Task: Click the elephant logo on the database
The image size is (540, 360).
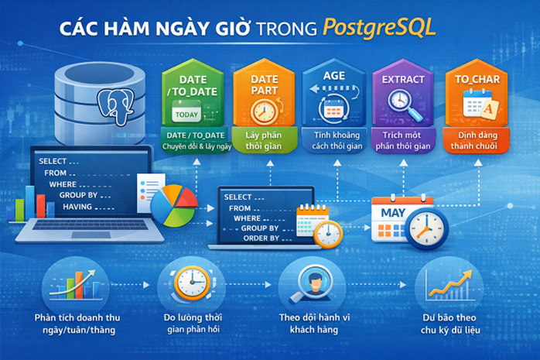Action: pyautogui.click(x=115, y=105)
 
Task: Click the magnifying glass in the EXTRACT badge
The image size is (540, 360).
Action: pyautogui.click(x=401, y=103)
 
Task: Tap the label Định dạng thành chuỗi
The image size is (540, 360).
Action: pyautogui.click(x=471, y=140)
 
